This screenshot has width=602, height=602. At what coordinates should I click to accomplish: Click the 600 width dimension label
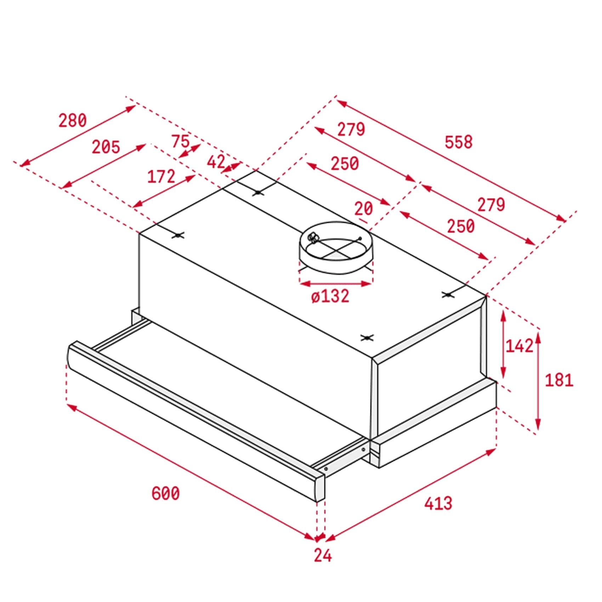click(x=165, y=493)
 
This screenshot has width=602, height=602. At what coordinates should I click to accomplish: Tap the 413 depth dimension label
click(x=438, y=503)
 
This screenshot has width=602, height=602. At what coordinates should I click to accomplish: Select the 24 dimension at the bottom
click(x=323, y=555)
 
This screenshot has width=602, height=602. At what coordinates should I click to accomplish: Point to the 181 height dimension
click(x=559, y=380)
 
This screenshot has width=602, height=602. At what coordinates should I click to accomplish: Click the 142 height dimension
click(x=519, y=346)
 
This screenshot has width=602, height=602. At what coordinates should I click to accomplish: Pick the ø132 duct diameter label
click(x=330, y=296)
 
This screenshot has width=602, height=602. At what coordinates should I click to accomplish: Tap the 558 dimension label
click(x=459, y=142)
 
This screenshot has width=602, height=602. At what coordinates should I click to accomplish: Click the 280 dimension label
click(x=72, y=120)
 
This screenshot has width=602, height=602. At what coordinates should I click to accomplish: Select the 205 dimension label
click(x=106, y=147)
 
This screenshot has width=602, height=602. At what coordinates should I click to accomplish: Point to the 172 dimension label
click(x=161, y=176)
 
